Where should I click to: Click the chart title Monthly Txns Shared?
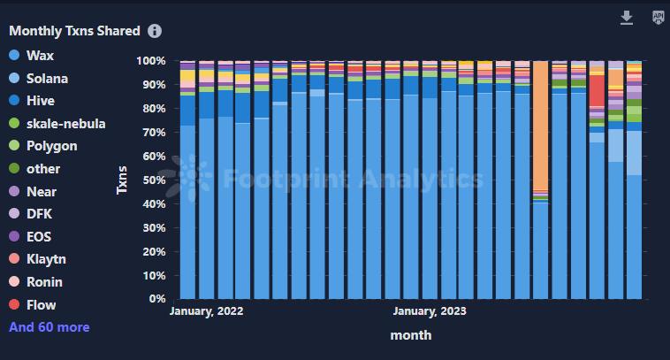click(74, 31)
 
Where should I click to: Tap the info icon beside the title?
click(155, 31)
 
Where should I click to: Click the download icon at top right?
click(627, 18)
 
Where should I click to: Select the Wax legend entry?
click(40, 55)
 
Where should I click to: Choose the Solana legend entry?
click(47, 78)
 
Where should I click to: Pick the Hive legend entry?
click(41, 101)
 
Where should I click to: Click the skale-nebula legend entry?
click(65, 123)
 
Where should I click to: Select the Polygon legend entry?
click(51, 146)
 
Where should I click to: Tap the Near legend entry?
click(41, 191)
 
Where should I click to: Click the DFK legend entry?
click(40, 214)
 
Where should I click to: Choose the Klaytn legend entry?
click(46, 259)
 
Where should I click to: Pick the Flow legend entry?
click(41, 305)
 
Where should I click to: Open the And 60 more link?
click(49, 327)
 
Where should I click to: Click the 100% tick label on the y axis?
click(149, 61)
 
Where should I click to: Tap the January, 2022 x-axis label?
click(206, 311)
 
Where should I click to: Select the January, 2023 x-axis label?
click(430, 311)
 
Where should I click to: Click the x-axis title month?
click(410, 335)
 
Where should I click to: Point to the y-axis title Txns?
click(123, 180)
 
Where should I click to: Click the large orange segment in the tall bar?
click(541, 124)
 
